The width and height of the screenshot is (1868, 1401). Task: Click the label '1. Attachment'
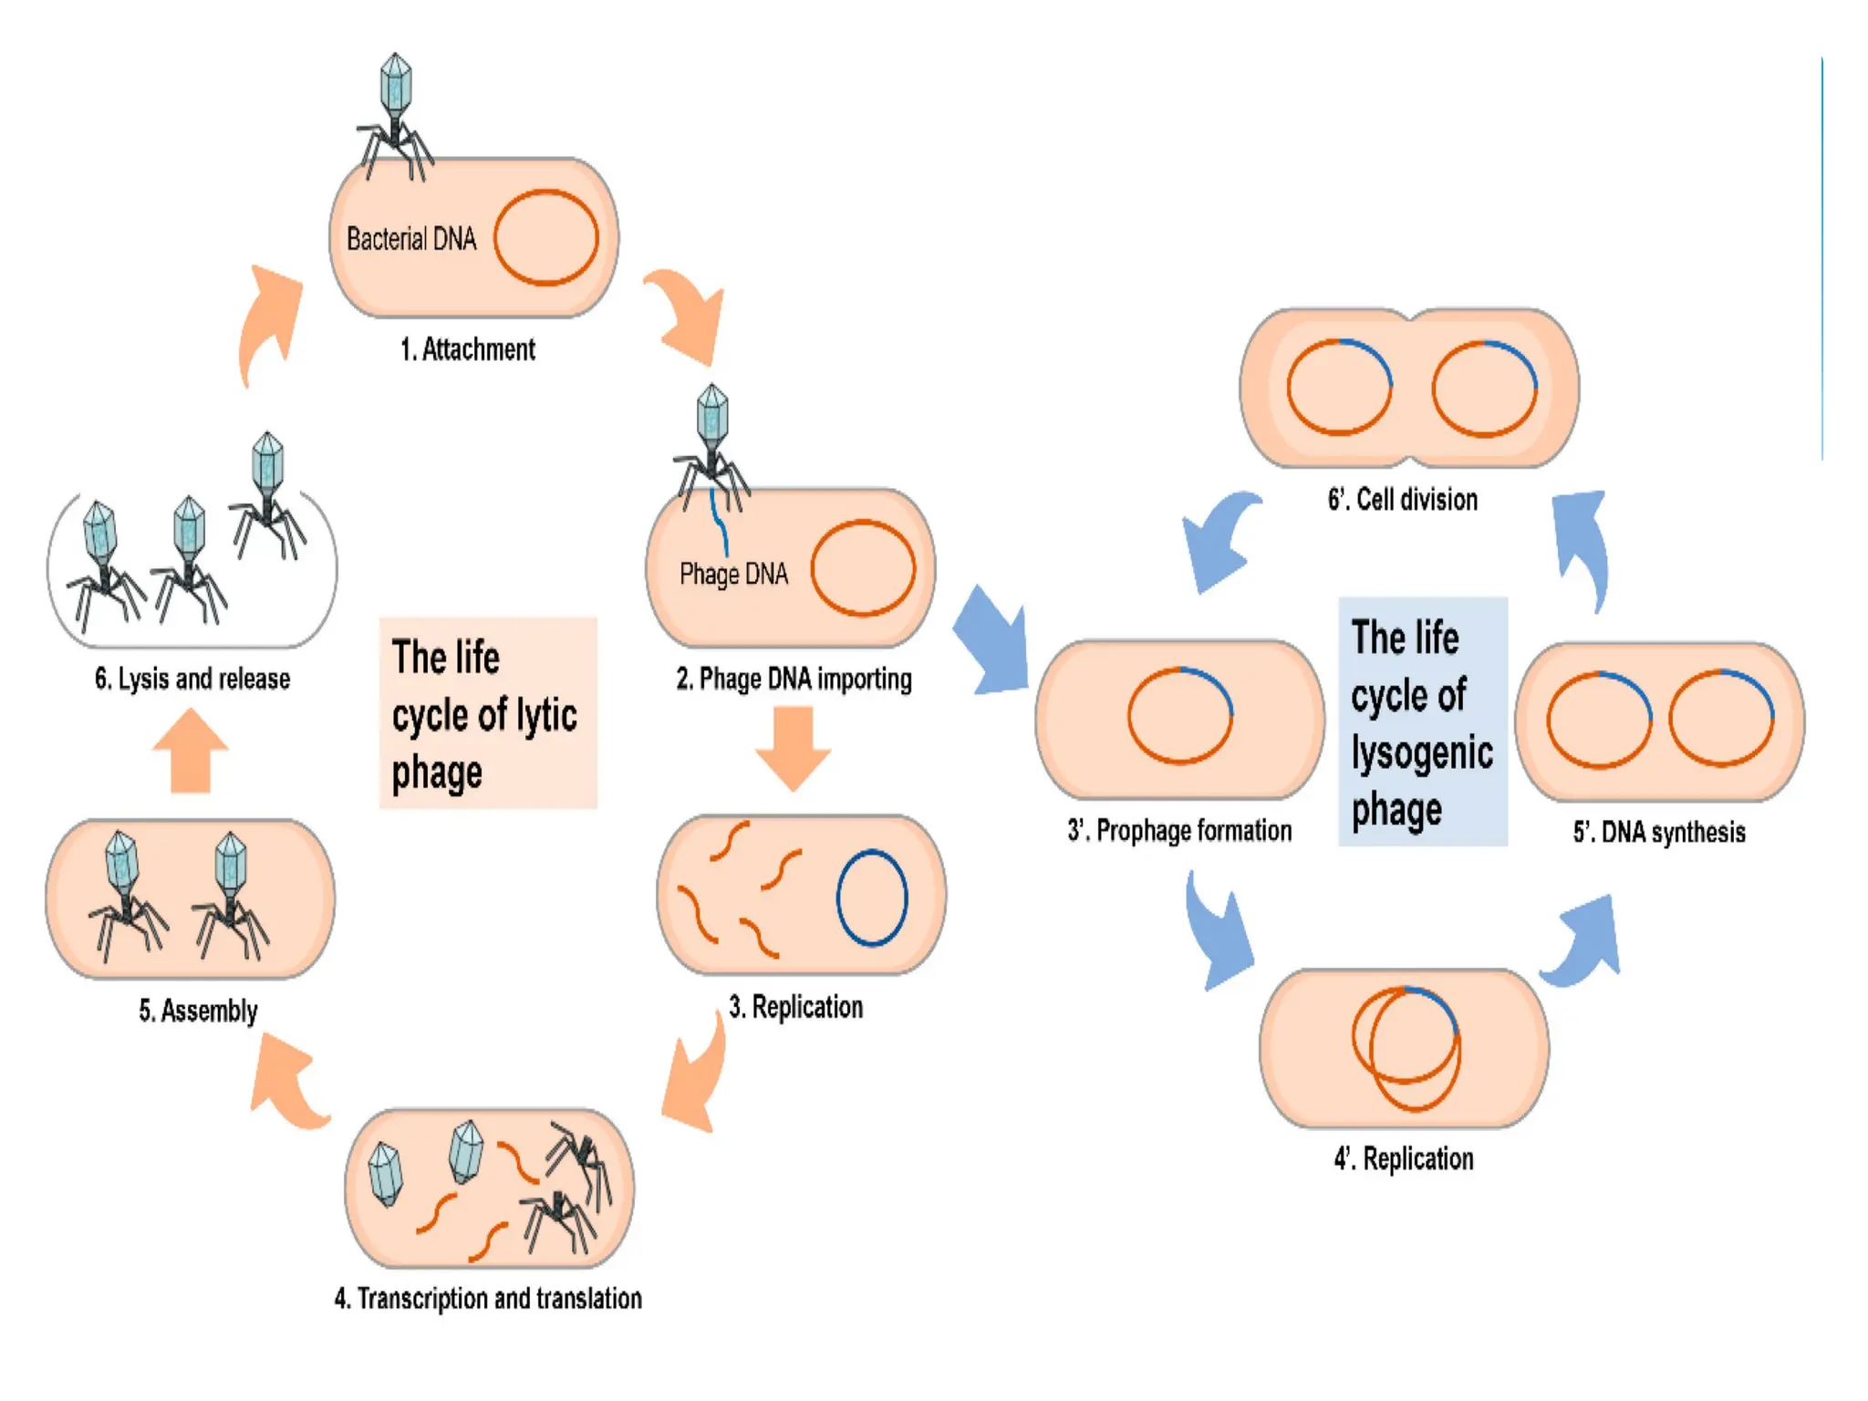point(467,349)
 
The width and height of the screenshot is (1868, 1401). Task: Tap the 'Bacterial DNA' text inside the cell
point(410,239)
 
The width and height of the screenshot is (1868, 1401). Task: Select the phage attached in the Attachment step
point(395,114)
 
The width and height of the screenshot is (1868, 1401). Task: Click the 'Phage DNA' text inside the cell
point(733,574)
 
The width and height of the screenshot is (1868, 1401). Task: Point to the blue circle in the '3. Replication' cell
point(872,898)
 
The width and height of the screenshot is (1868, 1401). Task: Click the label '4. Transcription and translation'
point(488,1298)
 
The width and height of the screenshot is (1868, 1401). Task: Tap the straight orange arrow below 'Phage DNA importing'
point(793,747)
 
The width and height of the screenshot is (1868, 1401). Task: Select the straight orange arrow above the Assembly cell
point(191,751)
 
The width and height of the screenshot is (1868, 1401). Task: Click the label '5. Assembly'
point(198,1011)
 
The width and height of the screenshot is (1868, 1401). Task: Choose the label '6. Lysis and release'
point(192,679)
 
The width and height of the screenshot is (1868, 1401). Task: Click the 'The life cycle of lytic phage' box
point(488,713)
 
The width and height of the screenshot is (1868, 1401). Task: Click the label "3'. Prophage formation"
point(1179,831)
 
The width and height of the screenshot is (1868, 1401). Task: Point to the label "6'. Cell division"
point(1402,500)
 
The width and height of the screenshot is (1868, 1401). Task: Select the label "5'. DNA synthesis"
point(1658,832)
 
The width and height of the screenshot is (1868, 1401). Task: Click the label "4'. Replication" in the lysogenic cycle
point(1403,1159)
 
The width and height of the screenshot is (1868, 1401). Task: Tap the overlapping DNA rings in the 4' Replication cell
point(1406,1047)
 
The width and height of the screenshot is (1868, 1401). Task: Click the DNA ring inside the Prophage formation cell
point(1179,715)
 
